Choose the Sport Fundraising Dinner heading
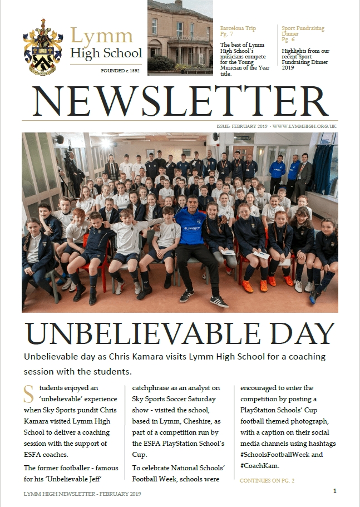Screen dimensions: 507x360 tap(303, 31)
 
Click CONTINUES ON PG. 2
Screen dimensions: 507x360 tap(267, 480)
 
